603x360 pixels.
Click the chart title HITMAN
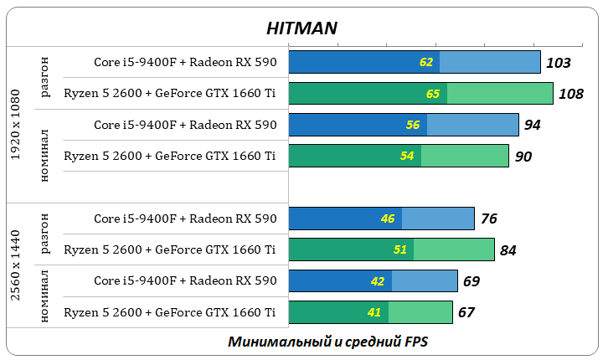301,28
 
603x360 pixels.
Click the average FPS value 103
558,63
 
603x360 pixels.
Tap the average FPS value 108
570,94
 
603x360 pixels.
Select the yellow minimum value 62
427,63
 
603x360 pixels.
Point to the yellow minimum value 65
433,94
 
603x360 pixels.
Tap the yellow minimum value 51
401,250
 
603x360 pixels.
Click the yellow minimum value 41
374,313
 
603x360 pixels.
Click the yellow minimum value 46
388,219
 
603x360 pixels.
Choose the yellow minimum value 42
379,281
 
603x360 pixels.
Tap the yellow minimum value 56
413,126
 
